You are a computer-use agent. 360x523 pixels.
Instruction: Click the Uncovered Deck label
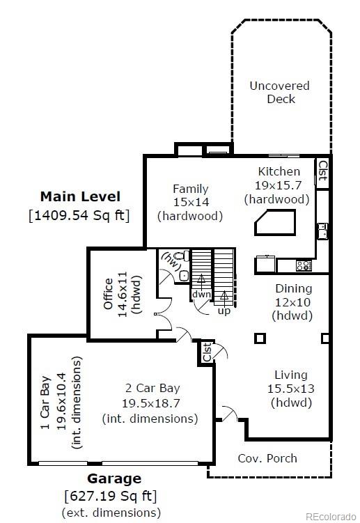click(x=280, y=92)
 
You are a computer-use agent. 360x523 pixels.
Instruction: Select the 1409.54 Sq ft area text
click(x=79, y=214)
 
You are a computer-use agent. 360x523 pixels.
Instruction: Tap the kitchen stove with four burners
click(x=304, y=265)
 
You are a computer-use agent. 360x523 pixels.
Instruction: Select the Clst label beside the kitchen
click(x=322, y=171)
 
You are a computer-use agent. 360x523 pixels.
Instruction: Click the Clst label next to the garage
click(x=207, y=352)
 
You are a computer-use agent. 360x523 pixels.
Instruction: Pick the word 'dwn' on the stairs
click(x=201, y=295)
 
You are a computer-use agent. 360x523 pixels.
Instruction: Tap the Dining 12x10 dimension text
click(x=293, y=302)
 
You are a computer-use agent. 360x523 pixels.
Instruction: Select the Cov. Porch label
click(x=267, y=458)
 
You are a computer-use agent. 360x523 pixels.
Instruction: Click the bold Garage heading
click(x=114, y=478)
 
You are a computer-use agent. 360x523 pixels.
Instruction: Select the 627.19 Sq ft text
click(x=110, y=496)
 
